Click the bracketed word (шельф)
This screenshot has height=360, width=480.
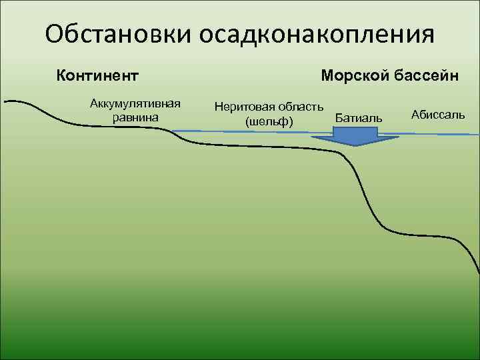[x=269, y=121]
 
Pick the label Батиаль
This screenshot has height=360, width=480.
[x=359, y=118]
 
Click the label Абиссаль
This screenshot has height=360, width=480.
[x=438, y=115]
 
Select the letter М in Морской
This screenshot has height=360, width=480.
[x=327, y=75]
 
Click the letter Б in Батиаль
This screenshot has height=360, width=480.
[x=339, y=118]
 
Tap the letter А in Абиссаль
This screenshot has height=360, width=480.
[x=416, y=115]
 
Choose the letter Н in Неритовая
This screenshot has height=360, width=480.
[x=218, y=106]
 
